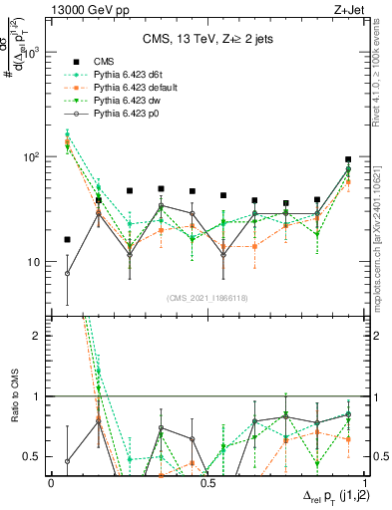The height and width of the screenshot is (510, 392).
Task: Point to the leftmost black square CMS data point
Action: [x=67, y=239]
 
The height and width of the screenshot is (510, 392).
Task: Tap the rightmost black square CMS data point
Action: [x=348, y=159]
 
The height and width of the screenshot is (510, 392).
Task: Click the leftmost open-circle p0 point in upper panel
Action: [x=67, y=273]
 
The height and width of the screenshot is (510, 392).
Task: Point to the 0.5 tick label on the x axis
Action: [x=207, y=482]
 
